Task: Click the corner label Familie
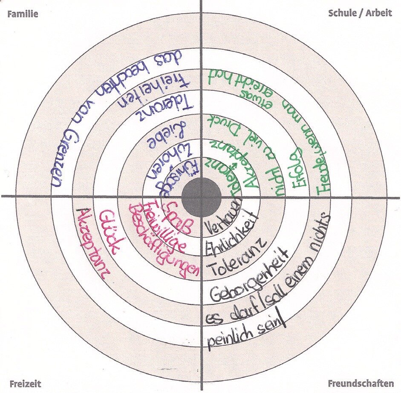click(23, 14)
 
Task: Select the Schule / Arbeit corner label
click(360, 13)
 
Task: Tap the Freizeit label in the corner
click(25, 383)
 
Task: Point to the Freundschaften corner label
click(361, 383)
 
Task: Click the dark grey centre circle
click(201, 197)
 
